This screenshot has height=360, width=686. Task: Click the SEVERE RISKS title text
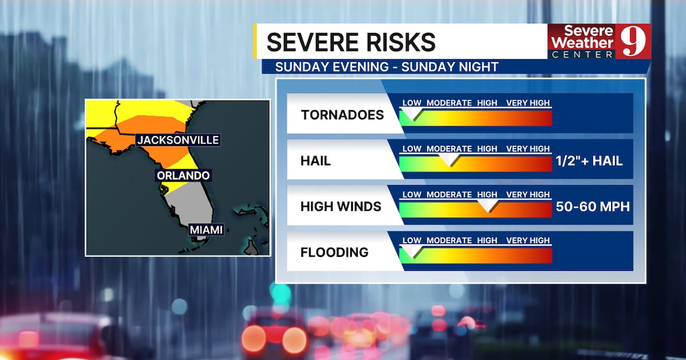pyautogui.click(x=350, y=43)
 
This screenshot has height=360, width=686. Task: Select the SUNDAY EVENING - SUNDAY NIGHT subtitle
pyautogui.click(x=386, y=67)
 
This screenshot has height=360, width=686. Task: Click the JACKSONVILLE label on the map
pyautogui.click(x=178, y=140)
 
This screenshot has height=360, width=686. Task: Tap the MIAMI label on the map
pyautogui.click(x=206, y=230)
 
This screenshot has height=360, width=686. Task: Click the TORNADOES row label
pyautogui.click(x=342, y=115)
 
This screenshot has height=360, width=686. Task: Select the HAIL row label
pyautogui.click(x=316, y=161)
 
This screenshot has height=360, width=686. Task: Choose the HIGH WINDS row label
pyautogui.click(x=341, y=206)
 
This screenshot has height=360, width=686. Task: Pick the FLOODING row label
pyautogui.click(x=334, y=252)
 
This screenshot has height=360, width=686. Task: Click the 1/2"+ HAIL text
pyautogui.click(x=589, y=161)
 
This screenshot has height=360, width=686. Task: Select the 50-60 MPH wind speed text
pyautogui.click(x=593, y=207)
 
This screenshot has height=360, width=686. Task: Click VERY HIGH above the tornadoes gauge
pyautogui.click(x=528, y=103)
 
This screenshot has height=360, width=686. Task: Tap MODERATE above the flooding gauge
pyautogui.click(x=449, y=240)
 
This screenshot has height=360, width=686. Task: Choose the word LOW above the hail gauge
pyautogui.click(x=412, y=149)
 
